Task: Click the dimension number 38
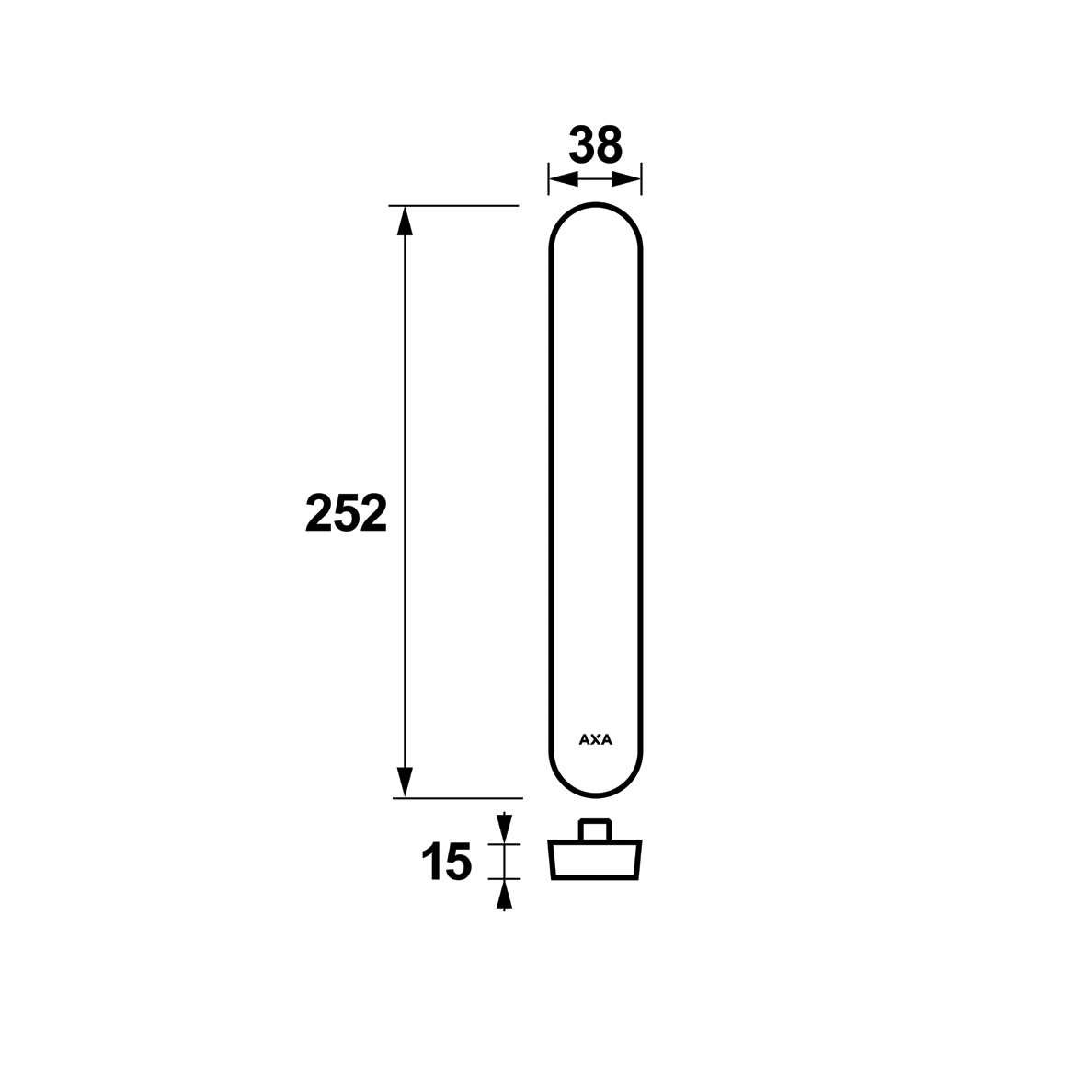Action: pos(596,145)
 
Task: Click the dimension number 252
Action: pos(347,513)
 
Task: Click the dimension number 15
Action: pos(446,863)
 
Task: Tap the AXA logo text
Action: pos(596,739)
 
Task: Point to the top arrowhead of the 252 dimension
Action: pos(405,221)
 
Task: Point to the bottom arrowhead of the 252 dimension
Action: pos(405,783)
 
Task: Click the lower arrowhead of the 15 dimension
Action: pos(504,895)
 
